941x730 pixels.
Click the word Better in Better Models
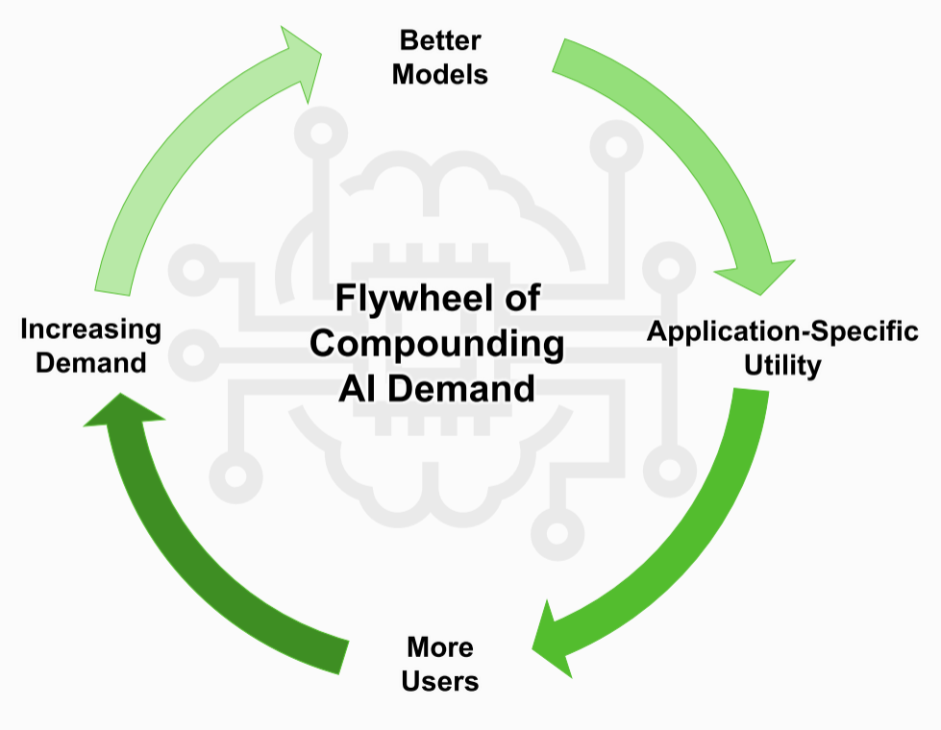pos(439,41)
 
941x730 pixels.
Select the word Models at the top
pos(439,74)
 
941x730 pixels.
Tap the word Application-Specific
pos(782,332)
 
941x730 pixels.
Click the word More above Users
pos(439,646)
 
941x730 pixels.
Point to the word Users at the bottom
pos(439,681)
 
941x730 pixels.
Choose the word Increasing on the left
pos(90,329)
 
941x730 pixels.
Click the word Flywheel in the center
pos(404,299)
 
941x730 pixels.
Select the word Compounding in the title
pos(436,343)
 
